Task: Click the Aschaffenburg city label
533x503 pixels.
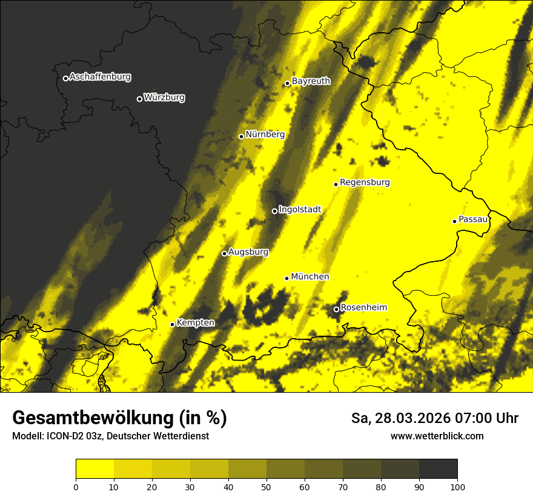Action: tap(100, 77)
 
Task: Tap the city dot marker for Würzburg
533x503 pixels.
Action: tap(139, 99)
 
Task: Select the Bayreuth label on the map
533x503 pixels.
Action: tap(311, 81)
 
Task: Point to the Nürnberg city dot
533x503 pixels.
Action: tap(241, 136)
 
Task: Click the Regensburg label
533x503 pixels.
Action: tap(365, 182)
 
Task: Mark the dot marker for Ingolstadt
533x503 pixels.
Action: tap(274, 211)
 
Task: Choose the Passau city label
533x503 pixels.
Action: tap(473, 219)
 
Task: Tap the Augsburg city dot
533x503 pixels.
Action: tap(224, 253)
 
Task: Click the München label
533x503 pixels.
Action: tap(310, 276)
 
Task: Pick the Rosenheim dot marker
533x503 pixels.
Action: tap(336, 310)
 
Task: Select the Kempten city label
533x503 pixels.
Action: tap(195, 322)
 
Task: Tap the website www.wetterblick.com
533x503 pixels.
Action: tap(437, 436)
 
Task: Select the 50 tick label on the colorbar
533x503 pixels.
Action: tap(266, 487)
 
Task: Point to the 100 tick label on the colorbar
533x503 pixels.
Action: tap(457, 487)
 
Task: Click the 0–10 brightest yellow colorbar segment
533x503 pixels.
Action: tap(94, 469)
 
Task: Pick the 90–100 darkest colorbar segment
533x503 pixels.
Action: tap(438, 469)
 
